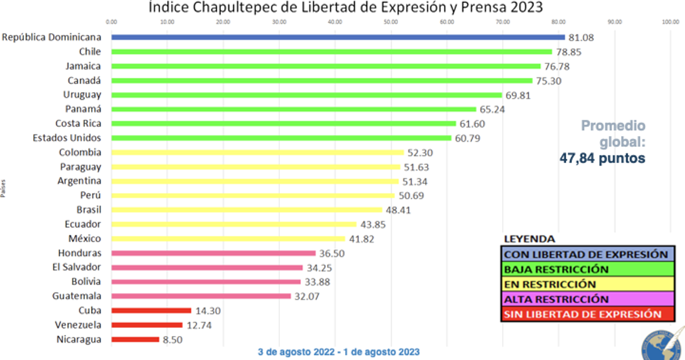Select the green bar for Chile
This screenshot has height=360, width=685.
(332, 51)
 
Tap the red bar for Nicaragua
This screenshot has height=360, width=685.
(135, 339)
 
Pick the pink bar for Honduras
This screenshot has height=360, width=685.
(213, 253)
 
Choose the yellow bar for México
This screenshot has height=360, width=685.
(228, 239)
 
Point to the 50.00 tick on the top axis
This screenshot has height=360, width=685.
(391, 22)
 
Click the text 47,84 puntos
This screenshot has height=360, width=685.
(602, 158)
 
